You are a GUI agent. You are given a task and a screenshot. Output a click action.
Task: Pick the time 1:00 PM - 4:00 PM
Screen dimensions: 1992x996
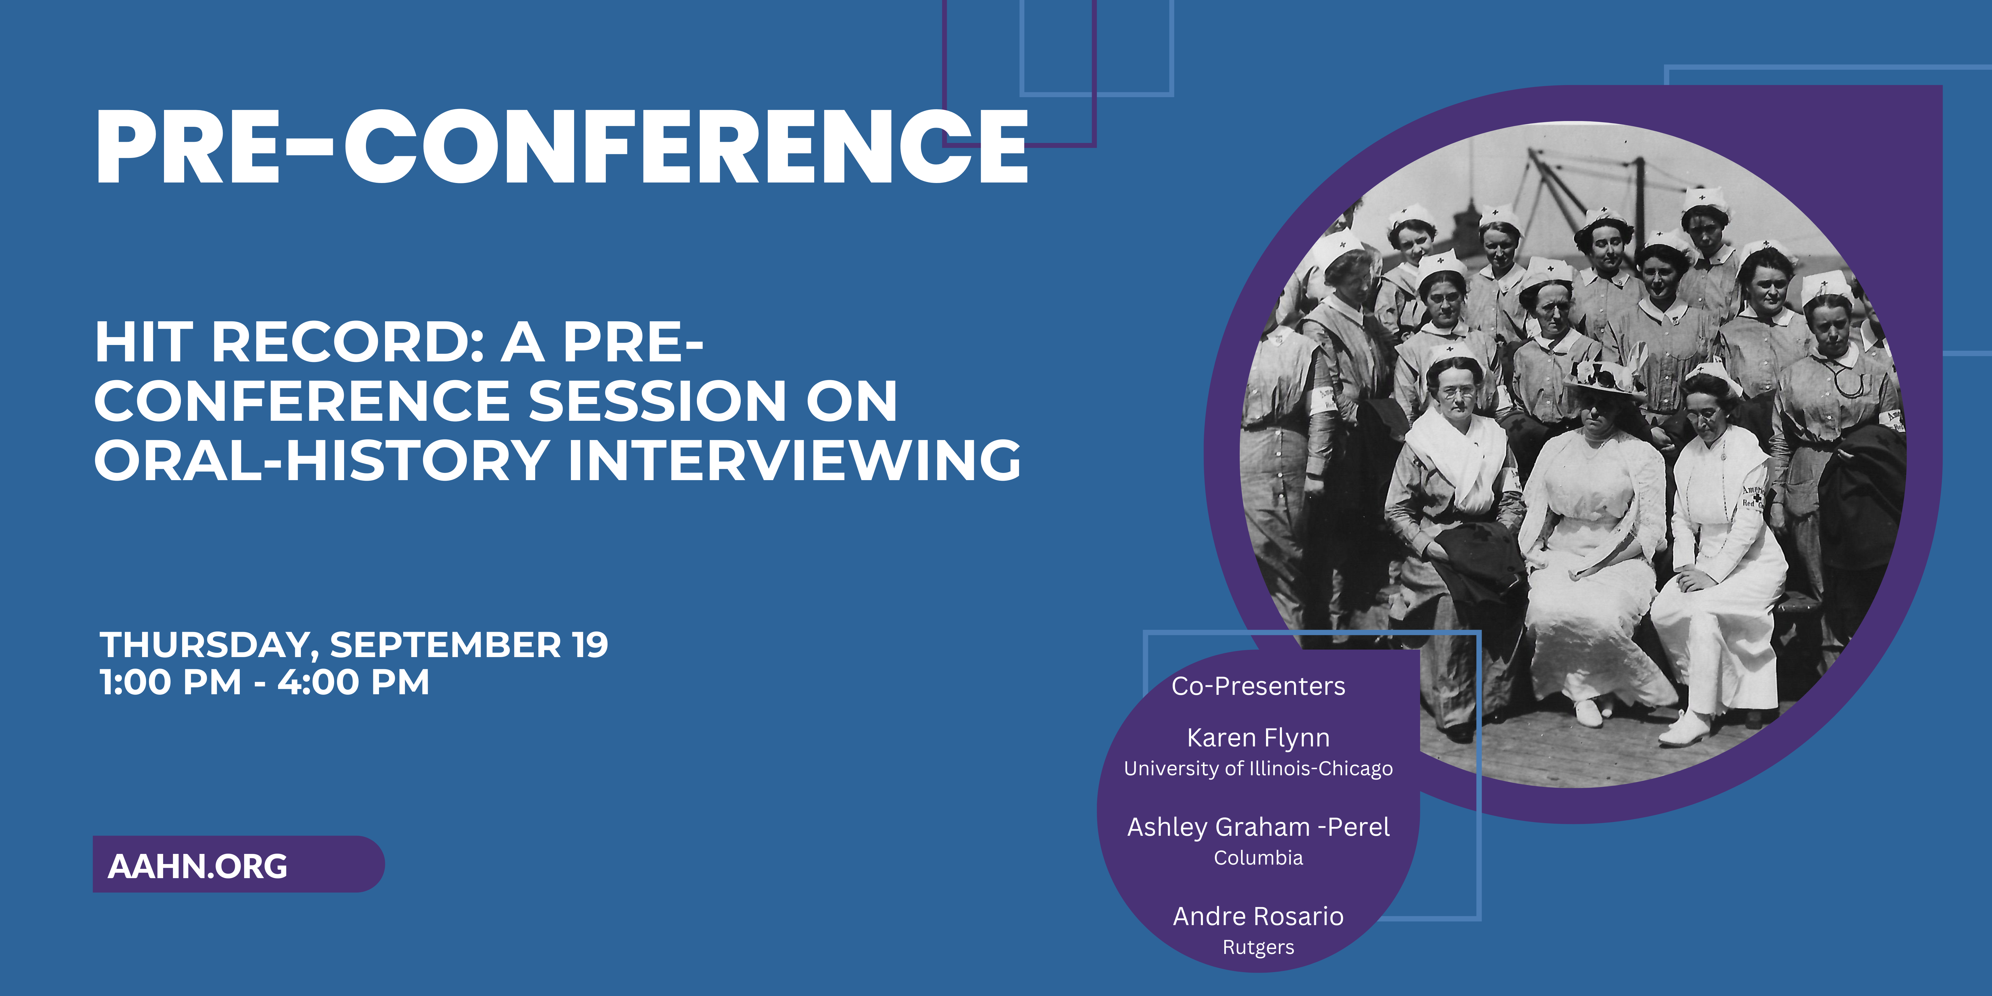(265, 682)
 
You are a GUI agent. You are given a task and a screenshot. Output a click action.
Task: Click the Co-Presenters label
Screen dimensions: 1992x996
(1258, 686)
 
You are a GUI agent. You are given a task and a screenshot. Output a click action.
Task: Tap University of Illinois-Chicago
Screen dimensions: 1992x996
(1258, 769)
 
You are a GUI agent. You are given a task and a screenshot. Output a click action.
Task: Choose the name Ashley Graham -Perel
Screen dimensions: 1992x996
(1258, 827)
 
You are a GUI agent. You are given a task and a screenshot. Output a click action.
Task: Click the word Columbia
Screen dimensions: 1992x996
(1258, 858)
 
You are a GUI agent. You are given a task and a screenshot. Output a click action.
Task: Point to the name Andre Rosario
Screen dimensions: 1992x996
(1258, 916)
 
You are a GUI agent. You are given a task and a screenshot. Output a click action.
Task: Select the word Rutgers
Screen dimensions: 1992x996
(1258, 947)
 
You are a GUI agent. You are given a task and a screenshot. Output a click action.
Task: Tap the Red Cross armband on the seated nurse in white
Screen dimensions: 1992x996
(1753, 497)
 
